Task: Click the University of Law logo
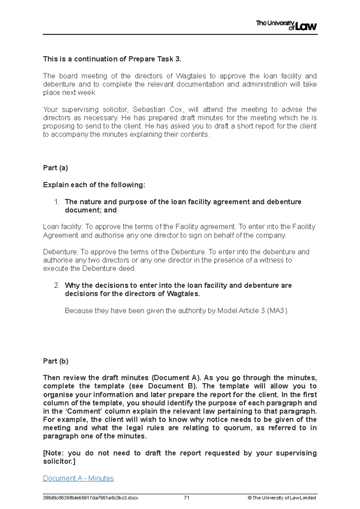pos(286,25)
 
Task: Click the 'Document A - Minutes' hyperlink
pos(78,478)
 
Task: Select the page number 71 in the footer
pos(187,498)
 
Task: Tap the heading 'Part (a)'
pos(55,168)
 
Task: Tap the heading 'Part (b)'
pos(55,361)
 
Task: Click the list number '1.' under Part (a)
pos(57,202)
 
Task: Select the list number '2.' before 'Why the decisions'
pos(57,285)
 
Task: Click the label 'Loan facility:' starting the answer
pos(63,227)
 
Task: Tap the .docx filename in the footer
pos(91,498)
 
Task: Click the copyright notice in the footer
pos(281,498)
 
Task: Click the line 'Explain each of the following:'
pos(94,185)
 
